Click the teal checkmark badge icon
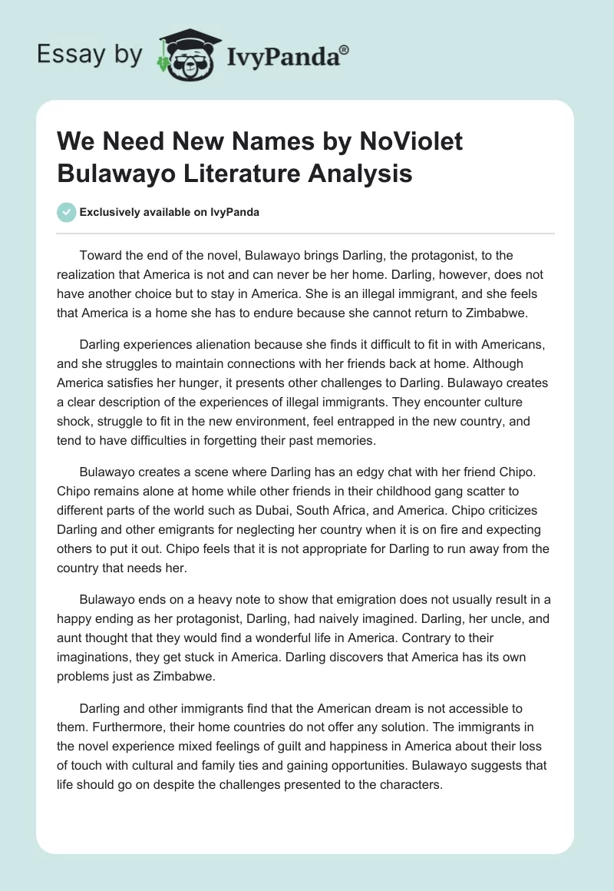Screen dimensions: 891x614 point(67,212)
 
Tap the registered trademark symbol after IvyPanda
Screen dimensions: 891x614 point(344,49)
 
